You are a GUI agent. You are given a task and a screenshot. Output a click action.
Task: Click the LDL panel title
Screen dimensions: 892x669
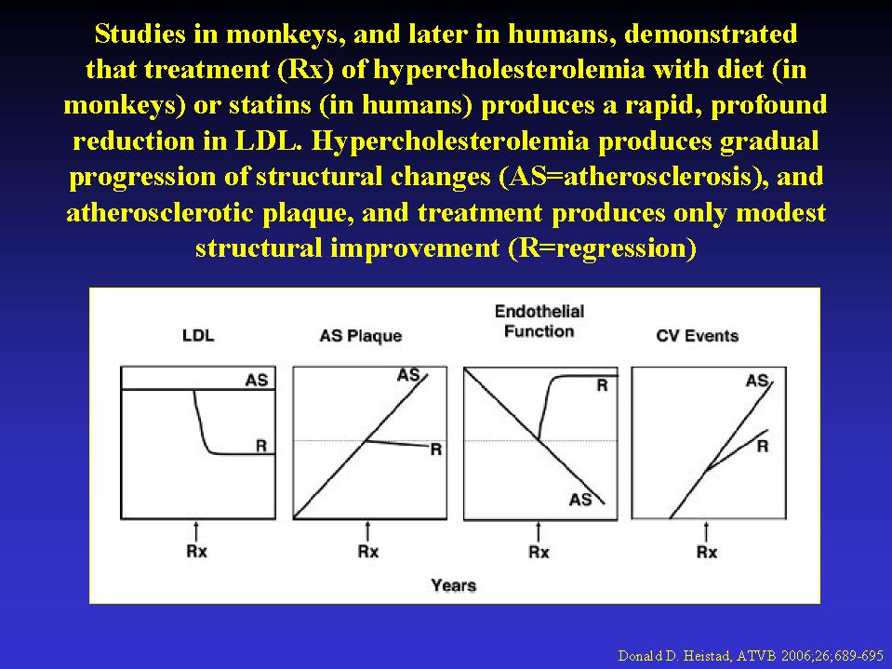198,336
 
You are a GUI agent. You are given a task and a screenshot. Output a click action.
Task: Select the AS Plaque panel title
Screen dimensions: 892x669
361,336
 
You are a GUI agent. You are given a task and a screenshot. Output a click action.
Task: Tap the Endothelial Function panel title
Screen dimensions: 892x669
539,321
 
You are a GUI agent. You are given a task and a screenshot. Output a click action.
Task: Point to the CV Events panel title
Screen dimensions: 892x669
698,336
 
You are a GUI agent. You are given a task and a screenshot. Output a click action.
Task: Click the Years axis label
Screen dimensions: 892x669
453,585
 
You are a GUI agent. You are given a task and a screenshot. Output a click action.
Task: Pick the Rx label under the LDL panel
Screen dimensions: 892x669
197,551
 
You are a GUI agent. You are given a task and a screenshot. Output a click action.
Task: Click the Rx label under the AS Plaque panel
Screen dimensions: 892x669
368,551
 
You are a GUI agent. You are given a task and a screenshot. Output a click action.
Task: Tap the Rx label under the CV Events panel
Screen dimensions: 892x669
707,551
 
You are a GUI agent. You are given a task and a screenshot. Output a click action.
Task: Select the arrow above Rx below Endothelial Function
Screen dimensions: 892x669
539,532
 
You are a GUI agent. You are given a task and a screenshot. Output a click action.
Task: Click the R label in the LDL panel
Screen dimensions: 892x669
261,446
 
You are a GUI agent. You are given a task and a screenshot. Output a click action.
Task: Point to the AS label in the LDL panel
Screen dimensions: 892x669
257,380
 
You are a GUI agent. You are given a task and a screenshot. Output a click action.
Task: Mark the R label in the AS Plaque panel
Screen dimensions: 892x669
435,449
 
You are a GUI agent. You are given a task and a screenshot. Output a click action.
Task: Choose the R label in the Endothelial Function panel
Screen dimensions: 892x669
602,386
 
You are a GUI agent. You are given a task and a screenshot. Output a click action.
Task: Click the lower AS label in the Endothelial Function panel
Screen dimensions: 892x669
580,500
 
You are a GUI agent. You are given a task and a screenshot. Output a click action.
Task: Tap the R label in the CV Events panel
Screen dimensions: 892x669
763,447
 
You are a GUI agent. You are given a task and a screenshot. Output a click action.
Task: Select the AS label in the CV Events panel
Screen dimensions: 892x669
757,380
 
